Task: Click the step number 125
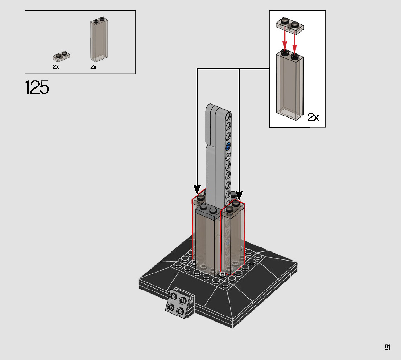pos(37,87)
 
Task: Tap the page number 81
pos(387,347)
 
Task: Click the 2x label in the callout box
pos(313,117)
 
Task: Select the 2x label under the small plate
pos(55,67)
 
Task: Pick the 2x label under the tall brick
pos(94,67)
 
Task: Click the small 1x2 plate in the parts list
pos(61,57)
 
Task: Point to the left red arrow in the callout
pos(285,41)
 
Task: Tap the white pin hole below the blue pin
pos(228,156)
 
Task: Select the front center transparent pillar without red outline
pos(208,240)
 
